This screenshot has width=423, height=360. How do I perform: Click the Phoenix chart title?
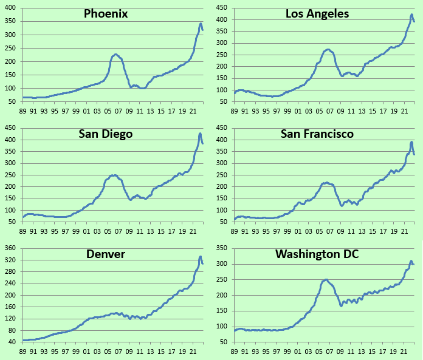coord(106,14)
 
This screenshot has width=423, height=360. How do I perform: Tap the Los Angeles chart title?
coord(317,13)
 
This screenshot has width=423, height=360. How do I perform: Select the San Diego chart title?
coord(106,134)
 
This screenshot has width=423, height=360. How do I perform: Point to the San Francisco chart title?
coord(317,134)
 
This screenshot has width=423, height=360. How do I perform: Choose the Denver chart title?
coord(106,254)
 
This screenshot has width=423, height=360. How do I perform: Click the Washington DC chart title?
coord(317,254)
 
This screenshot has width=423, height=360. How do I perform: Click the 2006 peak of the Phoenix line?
coord(116,54)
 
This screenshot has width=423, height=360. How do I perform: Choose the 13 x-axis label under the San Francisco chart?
coord(361,231)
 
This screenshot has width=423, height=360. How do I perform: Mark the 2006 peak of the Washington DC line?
coord(326,279)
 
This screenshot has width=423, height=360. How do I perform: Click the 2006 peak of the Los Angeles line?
coord(328,49)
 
